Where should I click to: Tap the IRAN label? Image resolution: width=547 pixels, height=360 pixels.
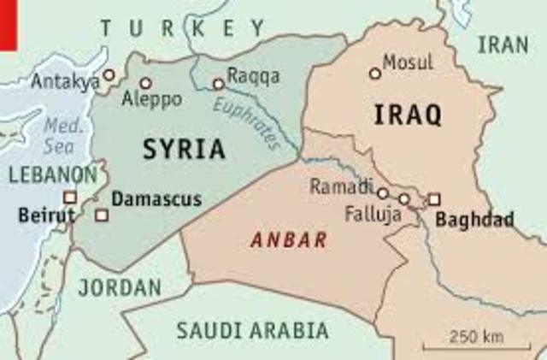503,45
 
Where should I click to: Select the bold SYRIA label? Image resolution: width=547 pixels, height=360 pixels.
184,150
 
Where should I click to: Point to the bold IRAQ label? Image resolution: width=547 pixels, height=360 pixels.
407,114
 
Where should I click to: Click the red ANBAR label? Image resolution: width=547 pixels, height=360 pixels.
289,241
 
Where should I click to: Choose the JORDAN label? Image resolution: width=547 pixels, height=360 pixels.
119,287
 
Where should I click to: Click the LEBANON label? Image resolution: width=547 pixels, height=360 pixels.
53,174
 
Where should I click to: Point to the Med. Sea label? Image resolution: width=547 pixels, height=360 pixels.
62,134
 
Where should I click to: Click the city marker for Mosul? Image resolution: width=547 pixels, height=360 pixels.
374,74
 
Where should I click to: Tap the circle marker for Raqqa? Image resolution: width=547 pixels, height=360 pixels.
219,84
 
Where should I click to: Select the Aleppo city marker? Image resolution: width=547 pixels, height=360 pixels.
145,84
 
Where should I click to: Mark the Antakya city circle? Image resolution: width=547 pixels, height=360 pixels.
109,75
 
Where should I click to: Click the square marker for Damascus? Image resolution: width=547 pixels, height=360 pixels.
102,215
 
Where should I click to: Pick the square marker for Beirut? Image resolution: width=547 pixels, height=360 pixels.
70,197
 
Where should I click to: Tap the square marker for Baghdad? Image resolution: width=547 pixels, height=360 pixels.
434,199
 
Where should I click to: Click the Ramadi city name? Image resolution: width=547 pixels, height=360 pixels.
341,186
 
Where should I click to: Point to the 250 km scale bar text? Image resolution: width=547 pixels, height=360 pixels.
476,335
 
